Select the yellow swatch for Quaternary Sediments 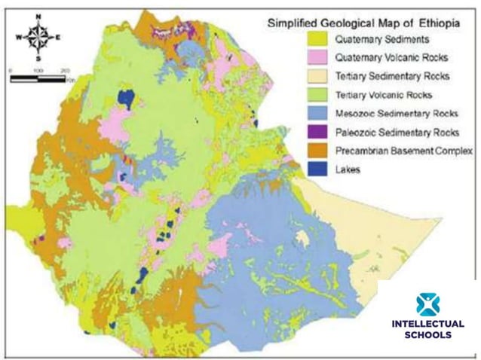(x=301, y=40)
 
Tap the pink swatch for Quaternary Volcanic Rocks (x=301, y=58)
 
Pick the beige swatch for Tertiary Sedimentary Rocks (x=301, y=76)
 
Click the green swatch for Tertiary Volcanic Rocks (x=301, y=95)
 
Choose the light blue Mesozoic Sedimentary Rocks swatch (x=301, y=114)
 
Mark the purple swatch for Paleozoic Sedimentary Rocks (x=301, y=133)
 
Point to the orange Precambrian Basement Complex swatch (x=301, y=151)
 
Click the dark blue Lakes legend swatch (x=301, y=169)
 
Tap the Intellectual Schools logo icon (x=428, y=304)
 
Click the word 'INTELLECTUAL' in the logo (x=428, y=325)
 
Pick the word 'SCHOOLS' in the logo (x=428, y=335)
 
